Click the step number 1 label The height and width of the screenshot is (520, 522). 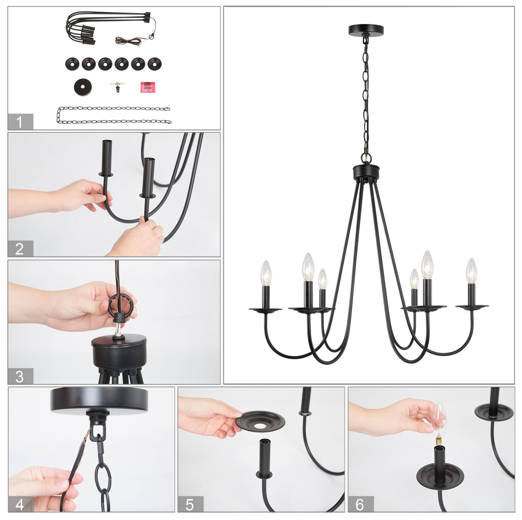coord(20,122)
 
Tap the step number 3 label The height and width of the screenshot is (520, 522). coord(20,376)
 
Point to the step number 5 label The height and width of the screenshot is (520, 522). coord(190,504)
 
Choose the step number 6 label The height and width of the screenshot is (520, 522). coord(360,504)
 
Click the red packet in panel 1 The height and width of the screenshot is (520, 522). coord(148,87)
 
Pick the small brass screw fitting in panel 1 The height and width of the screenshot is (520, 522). coord(116,86)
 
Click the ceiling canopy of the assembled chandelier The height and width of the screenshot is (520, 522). coord(366,30)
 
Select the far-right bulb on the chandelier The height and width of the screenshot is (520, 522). coord(471,271)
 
